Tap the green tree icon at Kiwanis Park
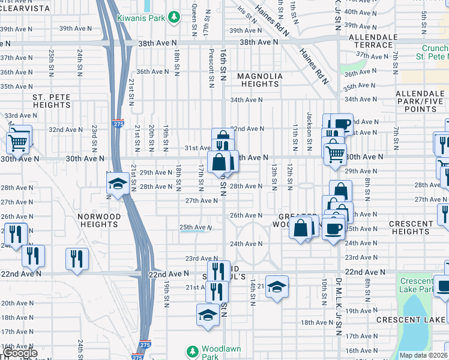[174, 18]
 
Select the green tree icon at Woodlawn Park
[193, 350]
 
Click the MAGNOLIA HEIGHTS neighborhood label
[259, 80]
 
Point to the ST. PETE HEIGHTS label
[52, 101]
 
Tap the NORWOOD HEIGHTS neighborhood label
[99, 220]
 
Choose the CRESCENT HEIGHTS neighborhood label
[410, 227]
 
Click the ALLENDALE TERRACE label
[372, 41]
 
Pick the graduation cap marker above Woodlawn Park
[208, 314]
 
